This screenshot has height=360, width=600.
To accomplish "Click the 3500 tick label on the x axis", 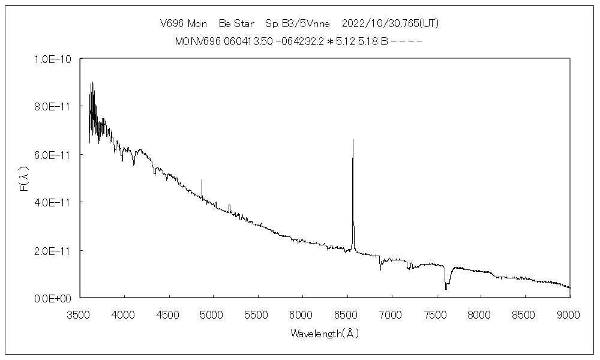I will click(80, 313).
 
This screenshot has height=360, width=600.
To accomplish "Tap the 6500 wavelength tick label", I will click(347, 313).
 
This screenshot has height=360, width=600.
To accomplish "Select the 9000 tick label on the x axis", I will click(569, 313).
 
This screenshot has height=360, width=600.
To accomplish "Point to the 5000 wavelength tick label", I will click(214, 313).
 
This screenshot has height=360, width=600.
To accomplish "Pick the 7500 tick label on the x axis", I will click(436, 313).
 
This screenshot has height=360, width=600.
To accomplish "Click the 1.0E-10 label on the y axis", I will click(53, 59).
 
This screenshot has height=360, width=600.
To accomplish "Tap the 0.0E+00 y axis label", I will click(53, 298).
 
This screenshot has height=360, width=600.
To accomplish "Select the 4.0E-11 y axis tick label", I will click(53, 202).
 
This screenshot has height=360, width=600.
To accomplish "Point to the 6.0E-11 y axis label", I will click(53, 155).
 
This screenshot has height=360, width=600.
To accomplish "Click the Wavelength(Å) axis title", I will click(325, 333).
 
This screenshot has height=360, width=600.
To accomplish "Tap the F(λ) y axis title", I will click(25, 178).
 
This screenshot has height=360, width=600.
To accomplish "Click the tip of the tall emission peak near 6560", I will click(353, 140).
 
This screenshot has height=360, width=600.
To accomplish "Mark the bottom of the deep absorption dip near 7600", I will click(446, 289).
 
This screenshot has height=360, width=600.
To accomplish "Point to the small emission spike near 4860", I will click(202, 179).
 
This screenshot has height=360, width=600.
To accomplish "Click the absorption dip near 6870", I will click(380, 269).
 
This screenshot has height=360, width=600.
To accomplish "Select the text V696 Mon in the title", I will click(183, 23).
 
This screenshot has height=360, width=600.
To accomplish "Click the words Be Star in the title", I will click(236, 23).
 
